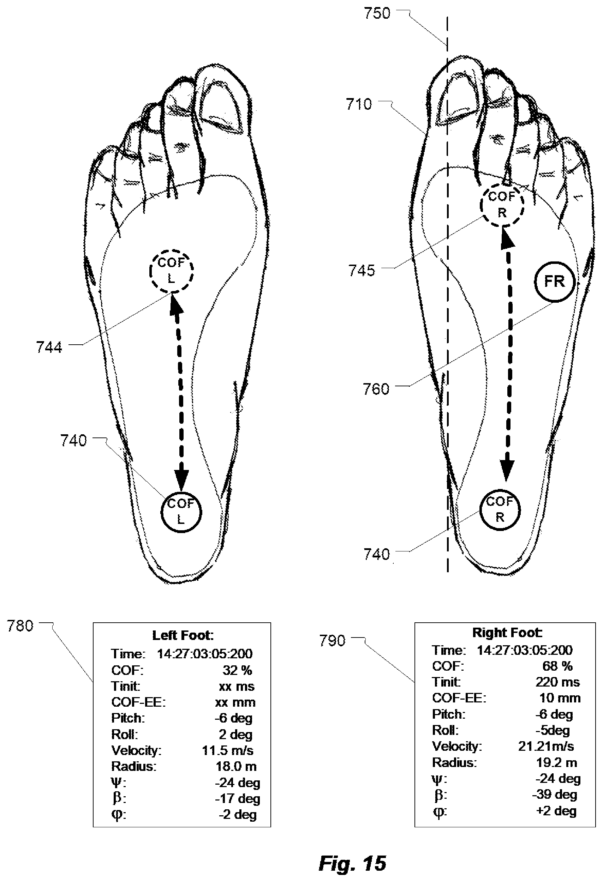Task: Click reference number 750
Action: pyautogui.click(x=377, y=13)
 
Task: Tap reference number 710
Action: pyautogui.click(x=359, y=104)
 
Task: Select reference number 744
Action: pyautogui.click(x=49, y=347)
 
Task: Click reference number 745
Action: pyautogui.click(x=362, y=271)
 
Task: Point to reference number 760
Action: pyautogui.click(x=376, y=389)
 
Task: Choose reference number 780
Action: pyautogui.click(x=20, y=626)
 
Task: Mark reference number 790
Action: pyautogui.click(x=332, y=641)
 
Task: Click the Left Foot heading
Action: pyautogui.click(x=183, y=635)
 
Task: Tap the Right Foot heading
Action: pyautogui.click(x=507, y=632)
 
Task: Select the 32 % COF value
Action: pyautogui.click(x=237, y=670)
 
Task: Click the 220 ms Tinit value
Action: pyautogui.click(x=557, y=682)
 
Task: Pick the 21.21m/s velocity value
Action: pyautogui.click(x=546, y=746)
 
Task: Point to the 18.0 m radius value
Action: pyautogui.click(x=236, y=766)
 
